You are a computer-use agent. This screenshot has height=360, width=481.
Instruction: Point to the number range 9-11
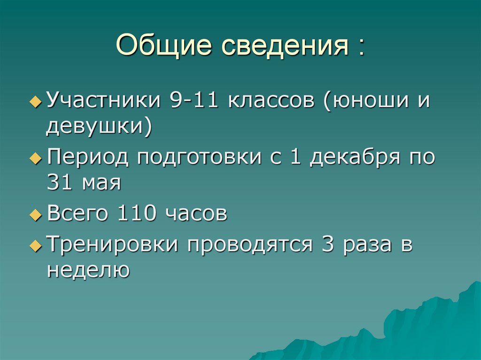191,101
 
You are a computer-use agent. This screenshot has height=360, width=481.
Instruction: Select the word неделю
88,271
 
